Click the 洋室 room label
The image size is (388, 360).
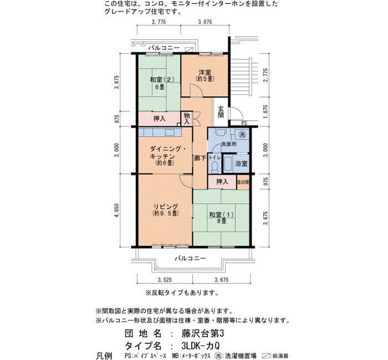pos(205,73)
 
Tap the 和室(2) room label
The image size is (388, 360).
pos(162,80)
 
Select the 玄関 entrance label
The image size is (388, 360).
pos(221,112)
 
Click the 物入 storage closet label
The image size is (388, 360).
pos(187,119)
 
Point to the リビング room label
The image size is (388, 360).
pos(166,207)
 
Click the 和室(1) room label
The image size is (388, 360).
pos(222,214)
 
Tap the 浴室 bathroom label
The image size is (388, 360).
pos(241,163)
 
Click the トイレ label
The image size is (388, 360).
pos(215,157)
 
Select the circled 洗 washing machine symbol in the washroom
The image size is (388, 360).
pos(242,134)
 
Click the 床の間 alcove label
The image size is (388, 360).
pos(243,182)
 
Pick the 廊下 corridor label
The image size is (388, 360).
pos(200,158)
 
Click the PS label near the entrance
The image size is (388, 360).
pos(244,123)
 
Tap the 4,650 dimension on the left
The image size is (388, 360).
pos(117,210)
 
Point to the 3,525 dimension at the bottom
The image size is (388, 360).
pos(165,280)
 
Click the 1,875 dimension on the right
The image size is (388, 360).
pos(266,112)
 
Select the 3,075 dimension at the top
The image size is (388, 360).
pos(205,22)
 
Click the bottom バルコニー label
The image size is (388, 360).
pos(191,259)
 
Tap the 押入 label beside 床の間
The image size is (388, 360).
pos(222,182)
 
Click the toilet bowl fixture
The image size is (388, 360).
pos(215,167)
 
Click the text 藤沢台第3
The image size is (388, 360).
pos(203,333)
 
